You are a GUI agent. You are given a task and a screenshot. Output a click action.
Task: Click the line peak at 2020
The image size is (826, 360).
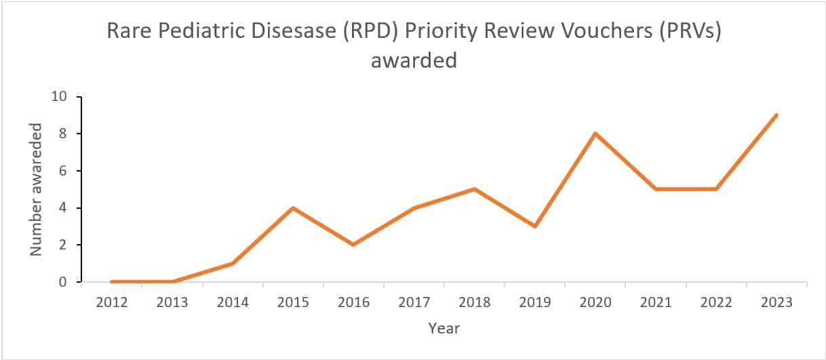click(x=595, y=134)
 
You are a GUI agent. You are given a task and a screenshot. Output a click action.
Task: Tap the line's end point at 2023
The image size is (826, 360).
click(x=776, y=115)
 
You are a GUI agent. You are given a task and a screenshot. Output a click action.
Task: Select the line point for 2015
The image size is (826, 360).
click(x=293, y=207)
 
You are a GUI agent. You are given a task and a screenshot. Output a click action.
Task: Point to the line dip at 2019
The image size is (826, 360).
click(x=535, y=226)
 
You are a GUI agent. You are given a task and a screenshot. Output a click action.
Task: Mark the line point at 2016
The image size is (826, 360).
click(x=353, y=244)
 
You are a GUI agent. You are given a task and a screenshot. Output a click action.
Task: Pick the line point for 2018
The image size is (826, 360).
click(x=475, y=189)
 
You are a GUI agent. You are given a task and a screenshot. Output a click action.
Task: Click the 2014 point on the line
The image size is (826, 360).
click(x=233, y=263)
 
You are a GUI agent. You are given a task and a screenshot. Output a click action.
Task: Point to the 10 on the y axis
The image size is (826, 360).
click(x=60, y=97)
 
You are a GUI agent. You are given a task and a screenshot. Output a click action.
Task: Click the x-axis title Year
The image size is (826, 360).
click(x=444, y=329)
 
